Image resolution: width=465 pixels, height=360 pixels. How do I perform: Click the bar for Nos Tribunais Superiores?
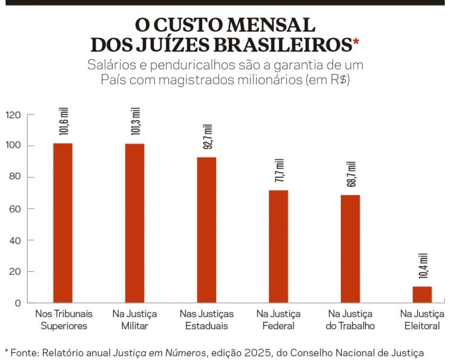62,222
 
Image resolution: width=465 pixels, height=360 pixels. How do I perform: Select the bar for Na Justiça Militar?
134,223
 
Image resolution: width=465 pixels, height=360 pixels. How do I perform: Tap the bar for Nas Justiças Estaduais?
206,230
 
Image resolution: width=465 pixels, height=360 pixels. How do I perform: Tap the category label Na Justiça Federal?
279,319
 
